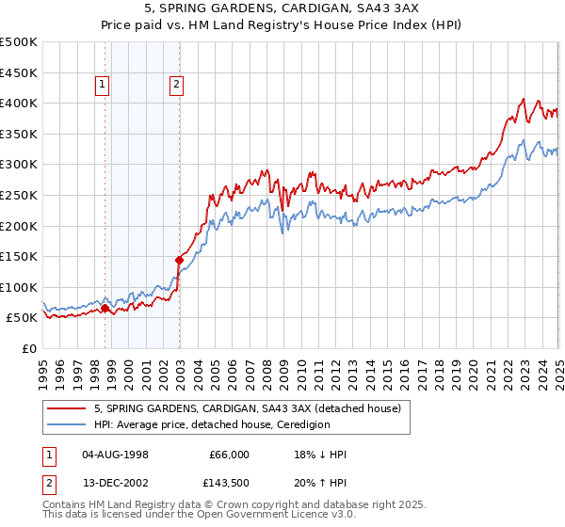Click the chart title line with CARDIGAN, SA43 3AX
point(282,10)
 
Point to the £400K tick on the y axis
point(19,103)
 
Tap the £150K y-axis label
point(19,256)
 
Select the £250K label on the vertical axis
point(19,195)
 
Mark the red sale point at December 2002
point(179,260)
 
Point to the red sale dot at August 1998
point(105,308)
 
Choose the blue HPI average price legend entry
point(212,424)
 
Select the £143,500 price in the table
point(229,483)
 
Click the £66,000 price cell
point(229,455)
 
